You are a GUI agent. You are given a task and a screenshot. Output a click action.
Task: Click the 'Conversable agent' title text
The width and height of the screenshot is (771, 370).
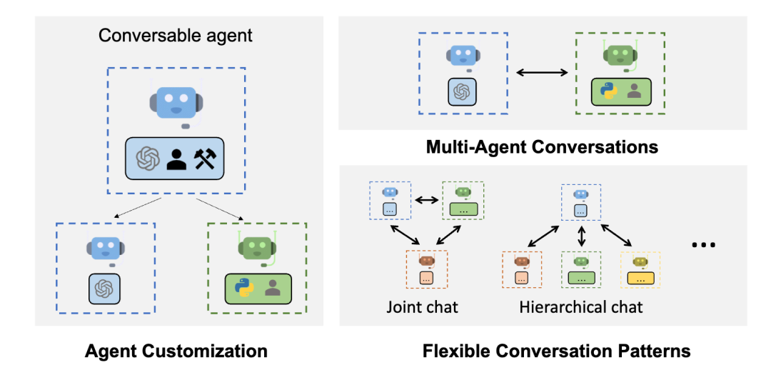175,35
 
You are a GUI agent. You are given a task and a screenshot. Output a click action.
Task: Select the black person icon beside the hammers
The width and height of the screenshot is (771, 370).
176,159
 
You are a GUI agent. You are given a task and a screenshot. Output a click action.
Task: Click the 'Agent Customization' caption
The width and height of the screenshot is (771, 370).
176,351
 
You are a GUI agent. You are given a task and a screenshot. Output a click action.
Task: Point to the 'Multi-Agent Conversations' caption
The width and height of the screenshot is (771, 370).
542,147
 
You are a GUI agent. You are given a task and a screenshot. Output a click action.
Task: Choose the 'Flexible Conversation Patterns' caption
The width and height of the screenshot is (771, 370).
556,351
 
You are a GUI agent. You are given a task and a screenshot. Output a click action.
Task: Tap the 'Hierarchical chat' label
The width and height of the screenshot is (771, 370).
581,307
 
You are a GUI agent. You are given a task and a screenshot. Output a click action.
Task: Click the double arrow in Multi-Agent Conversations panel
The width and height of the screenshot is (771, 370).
543,72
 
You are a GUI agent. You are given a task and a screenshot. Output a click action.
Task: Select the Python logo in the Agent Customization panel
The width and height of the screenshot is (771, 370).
244,287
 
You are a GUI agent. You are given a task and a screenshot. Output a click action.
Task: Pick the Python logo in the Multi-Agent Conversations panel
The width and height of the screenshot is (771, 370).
608,91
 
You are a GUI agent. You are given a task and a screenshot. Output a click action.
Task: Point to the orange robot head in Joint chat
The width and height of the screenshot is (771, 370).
426,261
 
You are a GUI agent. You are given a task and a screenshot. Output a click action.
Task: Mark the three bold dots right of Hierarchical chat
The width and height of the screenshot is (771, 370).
703,246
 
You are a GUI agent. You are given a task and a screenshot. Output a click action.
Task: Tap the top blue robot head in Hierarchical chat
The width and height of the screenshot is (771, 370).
580,194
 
